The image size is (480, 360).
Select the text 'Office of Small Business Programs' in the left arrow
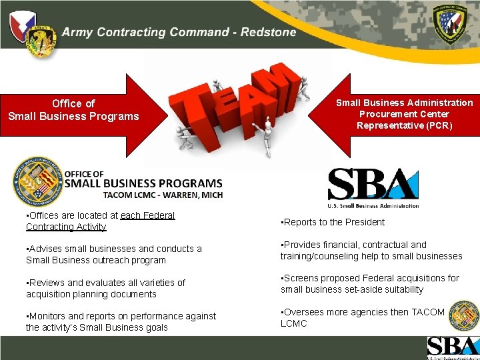(x=73, y=110)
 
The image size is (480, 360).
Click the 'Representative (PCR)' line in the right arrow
(x=404, y=125)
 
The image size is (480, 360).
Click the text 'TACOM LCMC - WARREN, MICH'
(x=163, y=195)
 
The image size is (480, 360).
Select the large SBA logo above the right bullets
(x=373, y=186)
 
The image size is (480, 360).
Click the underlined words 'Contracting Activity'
(x=66, y=227)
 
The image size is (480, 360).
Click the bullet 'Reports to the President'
(x=334, y=222)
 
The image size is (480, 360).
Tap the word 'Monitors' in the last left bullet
(x=47, y=316)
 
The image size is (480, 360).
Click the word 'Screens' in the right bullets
(x=301, y=278)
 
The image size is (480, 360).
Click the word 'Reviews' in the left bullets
(x=46, y=283)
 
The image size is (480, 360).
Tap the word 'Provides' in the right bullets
(x=303, y=245)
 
